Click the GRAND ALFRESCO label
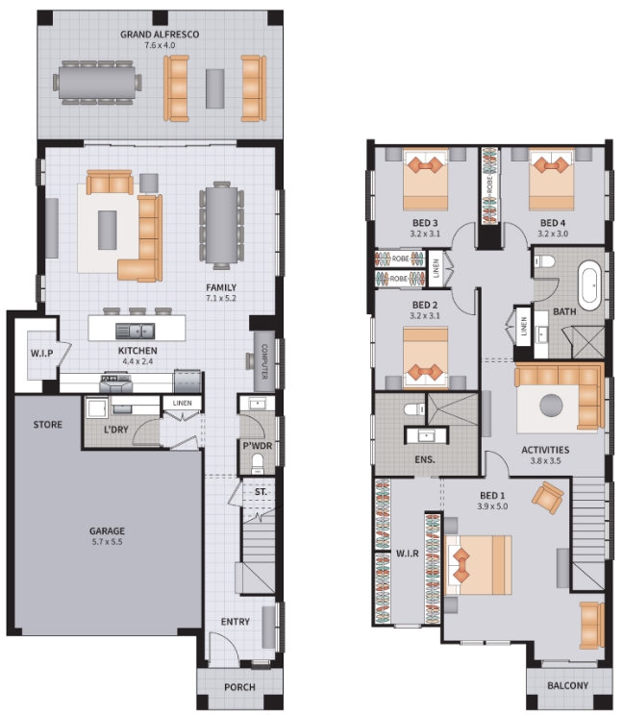tap(160, 35)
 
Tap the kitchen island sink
tap(135, 331)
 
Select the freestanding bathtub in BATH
tap(590, 284)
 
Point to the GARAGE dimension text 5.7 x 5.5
tap(107, 542)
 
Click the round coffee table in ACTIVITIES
tap(551, 405)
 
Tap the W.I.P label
tap(42, 354)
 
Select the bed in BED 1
tap(478, 565)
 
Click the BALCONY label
tap(568, 685)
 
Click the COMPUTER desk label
tap(264, 361)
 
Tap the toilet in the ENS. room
tap(414, 408)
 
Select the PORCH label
tap(239, 687)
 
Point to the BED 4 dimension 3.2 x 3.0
tap(553, 234)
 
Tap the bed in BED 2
tap(426, 358)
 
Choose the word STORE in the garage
tap(48, 425)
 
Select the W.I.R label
tap(408, 554)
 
